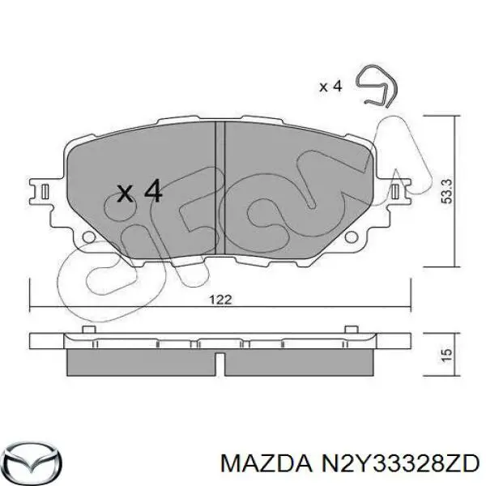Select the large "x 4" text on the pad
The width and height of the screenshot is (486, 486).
pos(139,192)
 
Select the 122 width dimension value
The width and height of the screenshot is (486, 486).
pos(220,299)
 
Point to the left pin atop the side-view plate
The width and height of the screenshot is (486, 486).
pos(86,328)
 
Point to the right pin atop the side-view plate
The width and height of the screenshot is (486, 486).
pos(352,328)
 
